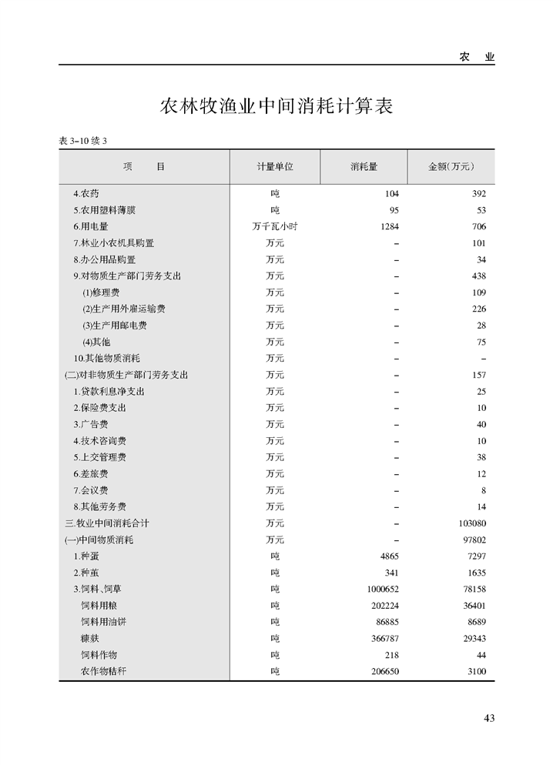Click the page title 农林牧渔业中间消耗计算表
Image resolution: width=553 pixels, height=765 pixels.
coord(276,106)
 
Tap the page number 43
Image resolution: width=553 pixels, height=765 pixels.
coord(489,718)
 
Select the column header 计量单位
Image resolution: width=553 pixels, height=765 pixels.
coord(275,166)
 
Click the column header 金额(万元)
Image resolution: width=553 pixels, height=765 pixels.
coord(451,166)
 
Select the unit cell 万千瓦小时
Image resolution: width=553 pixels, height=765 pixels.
coord(275,226)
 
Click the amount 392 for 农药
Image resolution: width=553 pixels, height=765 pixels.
coord(478,194)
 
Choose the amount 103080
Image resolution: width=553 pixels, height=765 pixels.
coord(471,523)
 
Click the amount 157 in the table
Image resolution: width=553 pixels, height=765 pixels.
coord(478,375)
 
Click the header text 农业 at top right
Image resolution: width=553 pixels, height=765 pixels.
coord(477,57)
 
